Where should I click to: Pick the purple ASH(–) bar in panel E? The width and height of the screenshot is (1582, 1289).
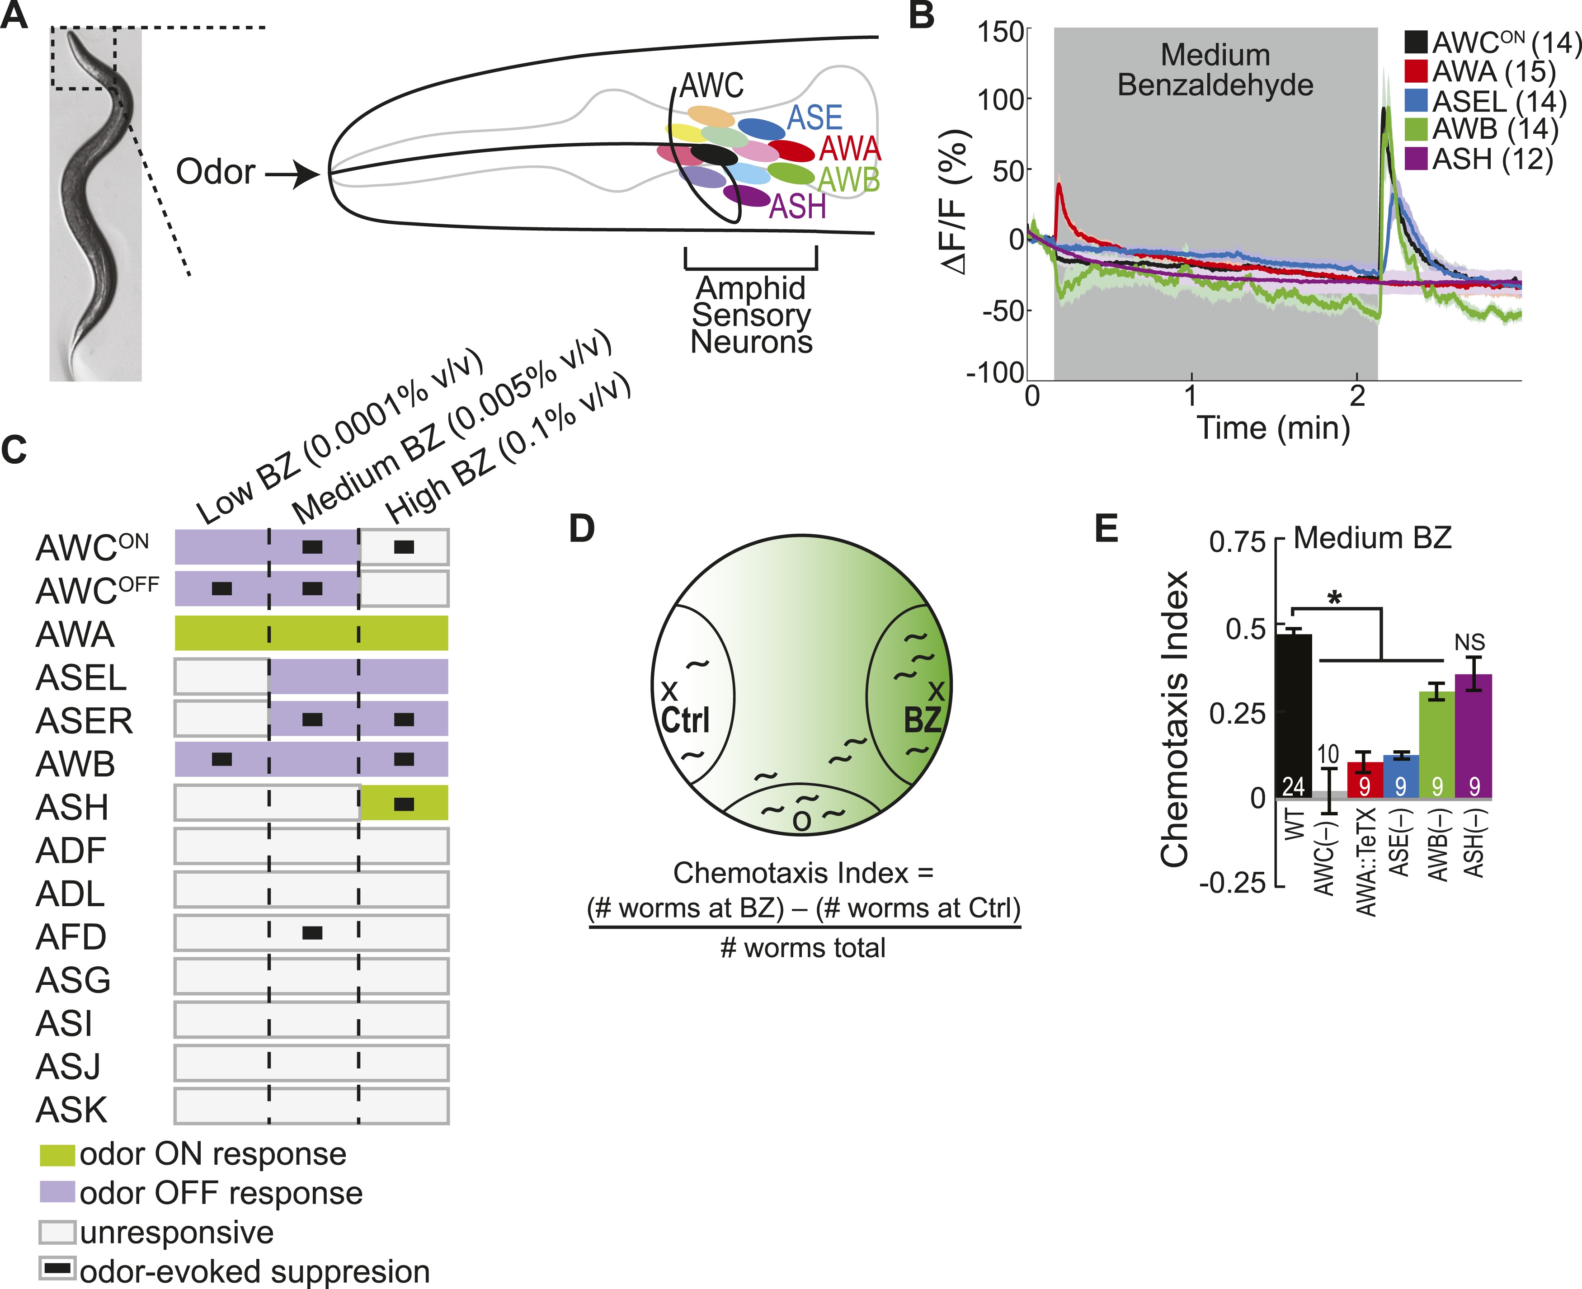[x=1473, y=735]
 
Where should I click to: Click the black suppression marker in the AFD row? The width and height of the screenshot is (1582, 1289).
[x=312, y=932]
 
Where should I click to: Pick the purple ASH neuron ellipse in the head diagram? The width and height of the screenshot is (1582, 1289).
[x=746, y=195]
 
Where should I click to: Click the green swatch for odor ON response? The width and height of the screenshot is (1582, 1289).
[x=57, y=1155]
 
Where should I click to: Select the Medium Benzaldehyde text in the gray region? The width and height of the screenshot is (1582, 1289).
[x=1215, y=71]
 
